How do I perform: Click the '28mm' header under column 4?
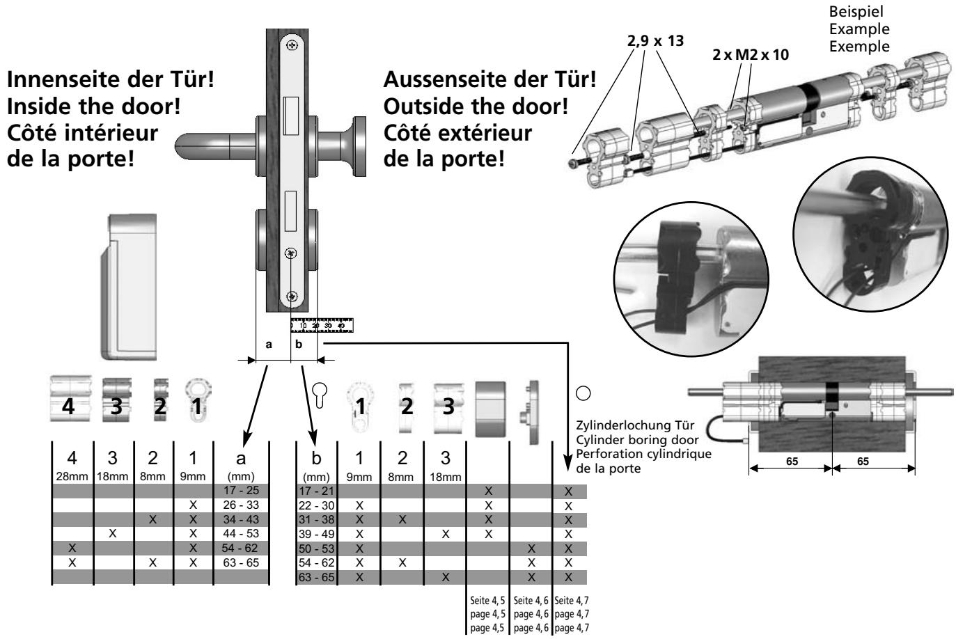72,478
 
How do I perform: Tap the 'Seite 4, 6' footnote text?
531,600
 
